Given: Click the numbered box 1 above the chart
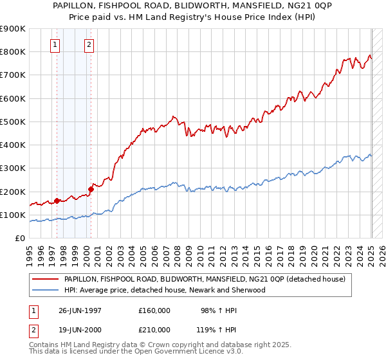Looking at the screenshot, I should pos(55,45).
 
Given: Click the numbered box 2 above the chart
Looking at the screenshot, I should pos(88,45).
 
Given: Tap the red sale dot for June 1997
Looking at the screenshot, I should pos(57,201).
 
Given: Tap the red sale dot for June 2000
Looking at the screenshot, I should pos(91,189).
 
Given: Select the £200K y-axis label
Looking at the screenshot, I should pos(14,192).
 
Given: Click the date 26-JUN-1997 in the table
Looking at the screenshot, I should pos(80,310).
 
